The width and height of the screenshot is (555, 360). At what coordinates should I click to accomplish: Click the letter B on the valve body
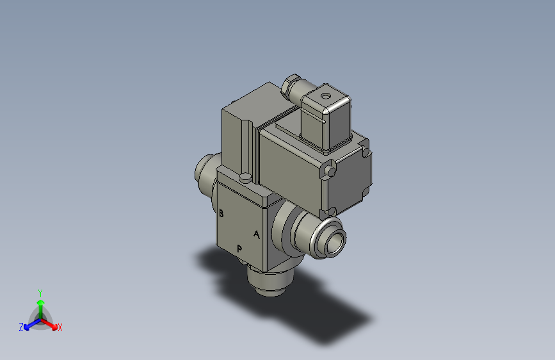click(x=221, y=213)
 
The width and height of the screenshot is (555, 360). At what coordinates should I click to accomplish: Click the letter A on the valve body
click(x=257, y=234)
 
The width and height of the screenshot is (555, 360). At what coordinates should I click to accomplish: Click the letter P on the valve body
click(x=240, y=249)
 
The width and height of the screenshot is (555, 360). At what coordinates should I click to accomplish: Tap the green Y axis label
click(x=40, y=291)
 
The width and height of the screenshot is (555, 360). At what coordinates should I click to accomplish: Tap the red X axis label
click(x=60, y=327)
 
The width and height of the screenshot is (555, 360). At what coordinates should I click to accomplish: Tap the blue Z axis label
click(x=21, y=327)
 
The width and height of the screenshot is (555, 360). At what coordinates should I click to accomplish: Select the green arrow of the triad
click(x=40, y=304)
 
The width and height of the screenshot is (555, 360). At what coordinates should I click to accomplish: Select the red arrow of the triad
click(x=51, y=324)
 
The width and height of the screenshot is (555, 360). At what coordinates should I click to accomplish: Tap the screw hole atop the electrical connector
click(x=326, y=96)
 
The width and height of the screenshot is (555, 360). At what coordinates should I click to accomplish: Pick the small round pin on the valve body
click(x=245, y=177)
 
